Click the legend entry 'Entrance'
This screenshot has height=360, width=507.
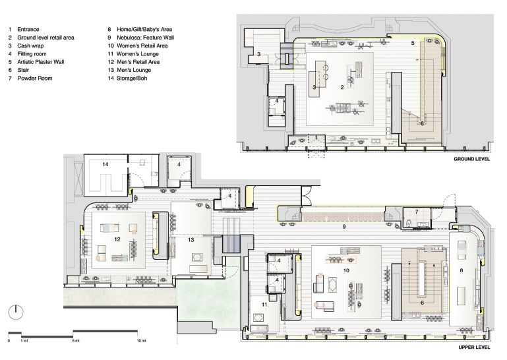pos(28,30)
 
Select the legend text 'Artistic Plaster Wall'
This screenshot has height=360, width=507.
pos(41,62)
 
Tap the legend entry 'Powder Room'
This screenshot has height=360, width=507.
pos(35,78)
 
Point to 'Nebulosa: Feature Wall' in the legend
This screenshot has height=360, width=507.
pos(145,38)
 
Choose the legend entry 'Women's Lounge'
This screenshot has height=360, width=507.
pos(137,53)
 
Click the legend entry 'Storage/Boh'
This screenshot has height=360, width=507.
pos(132,78)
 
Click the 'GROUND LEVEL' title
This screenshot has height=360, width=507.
pos(471,159)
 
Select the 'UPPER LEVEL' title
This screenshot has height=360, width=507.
pos(474,347)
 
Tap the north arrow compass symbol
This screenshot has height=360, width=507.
pos(16,312)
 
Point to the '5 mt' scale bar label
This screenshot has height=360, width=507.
pos(76,341)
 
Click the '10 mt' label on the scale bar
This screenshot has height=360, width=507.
pos(141,341)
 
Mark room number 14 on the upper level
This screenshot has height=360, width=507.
pos(105,164)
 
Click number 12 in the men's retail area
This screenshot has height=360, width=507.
pos(117,239)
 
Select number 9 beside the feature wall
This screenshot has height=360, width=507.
pos(344,227)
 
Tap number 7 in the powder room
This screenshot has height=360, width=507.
pos(417,212)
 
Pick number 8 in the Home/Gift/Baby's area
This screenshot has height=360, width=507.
pos(462,270)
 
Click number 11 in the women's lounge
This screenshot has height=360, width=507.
pos(264,305)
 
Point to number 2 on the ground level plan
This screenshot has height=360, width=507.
pos(342,87)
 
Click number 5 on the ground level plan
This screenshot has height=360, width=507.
pos(413,43)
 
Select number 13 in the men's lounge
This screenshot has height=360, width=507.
pos(191,240)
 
